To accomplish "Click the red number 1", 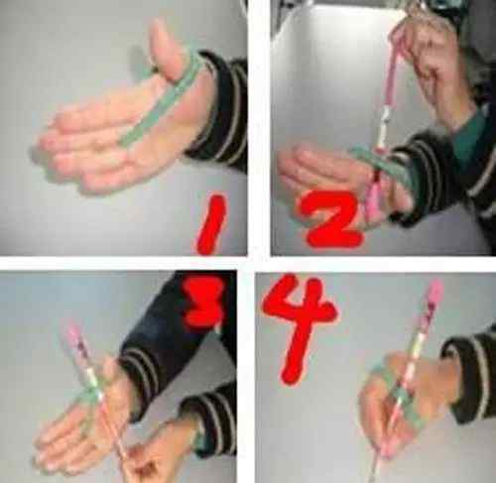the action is pyautogui.click(x=211, y=225).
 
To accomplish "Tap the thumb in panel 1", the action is pyautogui.click(x=166, y=50).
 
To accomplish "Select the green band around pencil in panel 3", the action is pyautogui.click(x=87, y=397).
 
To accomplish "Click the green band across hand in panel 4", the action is pyautogui.click(x=397, y=397).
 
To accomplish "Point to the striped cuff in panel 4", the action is pyautogui.click(x=469, y=377).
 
